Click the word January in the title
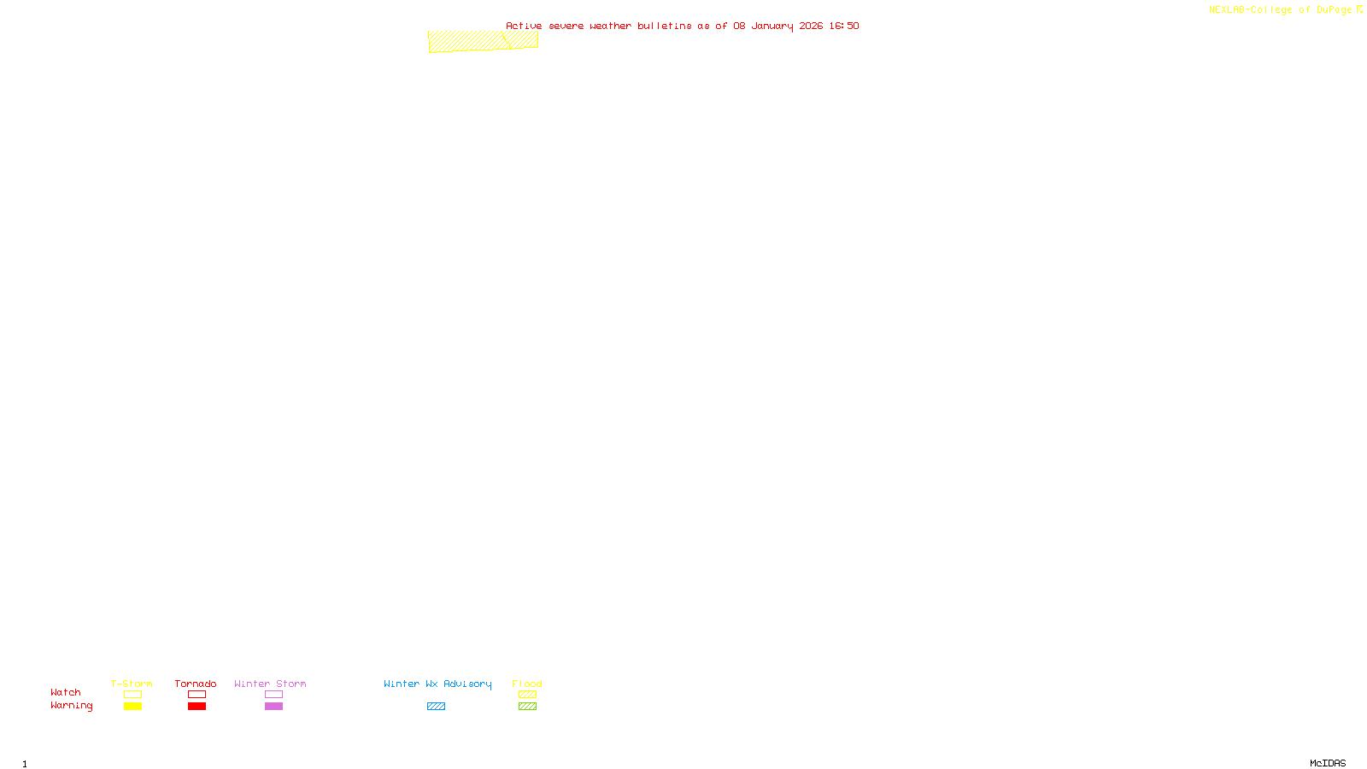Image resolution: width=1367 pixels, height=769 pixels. tap(772, 26)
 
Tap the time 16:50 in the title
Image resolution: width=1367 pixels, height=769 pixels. tap(843, 26)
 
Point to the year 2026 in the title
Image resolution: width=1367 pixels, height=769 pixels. tap(811, 26)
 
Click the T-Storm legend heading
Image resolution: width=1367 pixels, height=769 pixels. tap(132, 684)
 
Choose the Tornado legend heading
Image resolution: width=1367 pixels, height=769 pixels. tap(196, 684)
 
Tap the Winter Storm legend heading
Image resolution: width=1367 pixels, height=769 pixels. tap(270, 684)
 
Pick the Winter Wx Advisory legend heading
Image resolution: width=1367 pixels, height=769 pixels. tap(437, 684)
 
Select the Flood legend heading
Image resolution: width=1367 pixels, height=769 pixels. tap(527, 684)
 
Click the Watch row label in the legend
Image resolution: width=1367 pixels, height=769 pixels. tap(66, 692)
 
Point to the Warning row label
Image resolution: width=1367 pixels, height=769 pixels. tap(71, 706)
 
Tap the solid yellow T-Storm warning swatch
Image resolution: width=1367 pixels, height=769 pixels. tap(132, 707)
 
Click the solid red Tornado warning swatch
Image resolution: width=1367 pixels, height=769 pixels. tap(197, 707)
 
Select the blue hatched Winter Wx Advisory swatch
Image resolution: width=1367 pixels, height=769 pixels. tap(436, 707)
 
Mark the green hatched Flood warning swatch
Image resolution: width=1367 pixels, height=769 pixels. tap(527, 707)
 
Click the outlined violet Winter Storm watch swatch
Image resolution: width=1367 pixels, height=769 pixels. tap(273, 695)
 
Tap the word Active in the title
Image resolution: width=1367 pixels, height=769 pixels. tap(524, 26)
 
